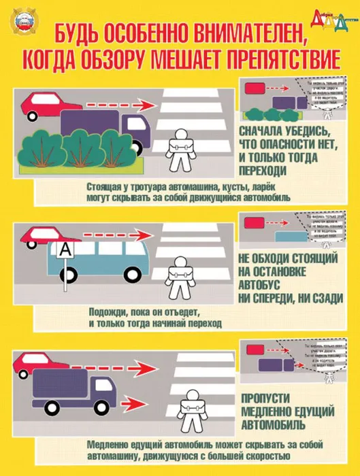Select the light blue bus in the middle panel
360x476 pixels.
coord(95,262)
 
